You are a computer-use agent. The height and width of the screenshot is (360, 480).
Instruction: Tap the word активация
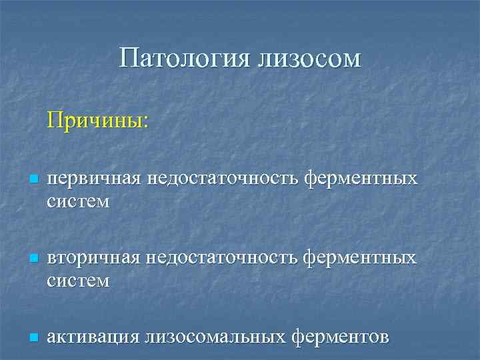click(x=92, y=337)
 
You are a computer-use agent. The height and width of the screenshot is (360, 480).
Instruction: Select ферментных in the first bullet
click(x=361, y=179)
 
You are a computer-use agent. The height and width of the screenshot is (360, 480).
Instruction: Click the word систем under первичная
click(x=78, y=201)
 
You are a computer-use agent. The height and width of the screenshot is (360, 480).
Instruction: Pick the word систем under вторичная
click(x=78, y=280)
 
